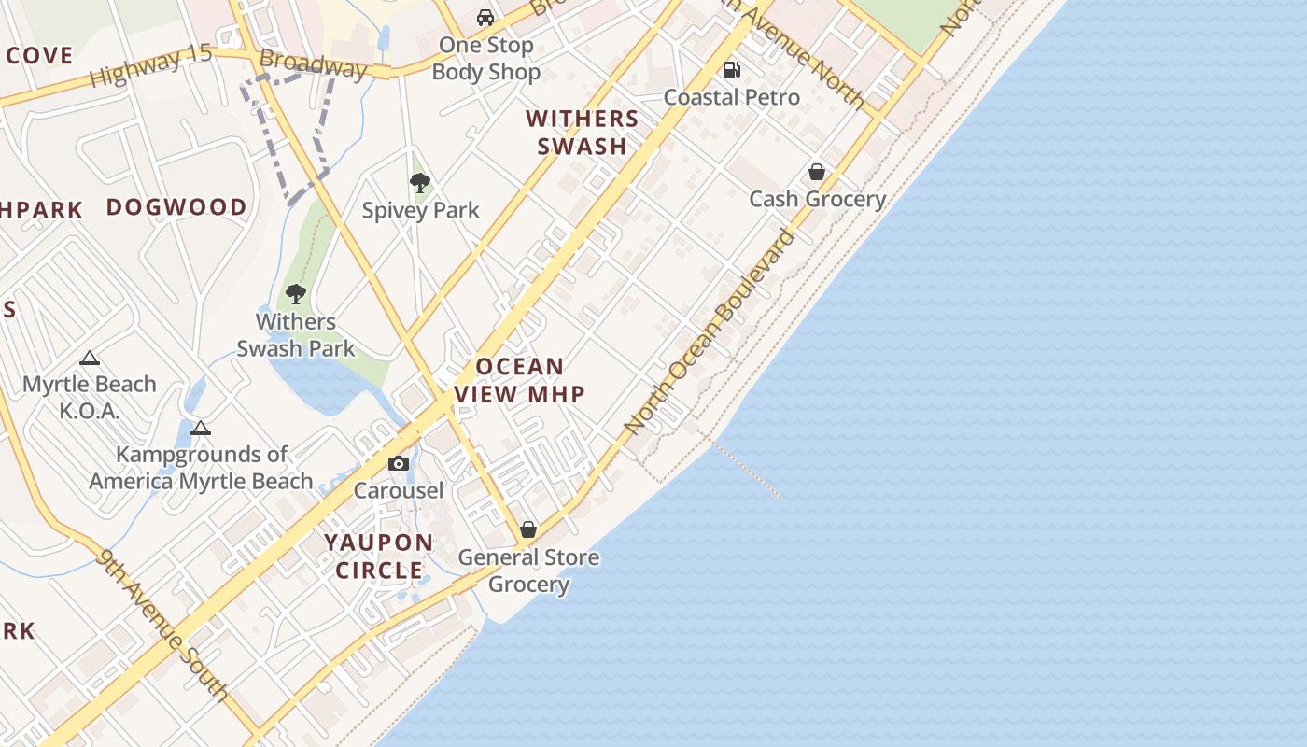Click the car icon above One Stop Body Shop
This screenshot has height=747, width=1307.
pyautogui.click(x=485, y=18)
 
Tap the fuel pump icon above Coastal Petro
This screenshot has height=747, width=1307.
pyautogui.click(x=732, y=70)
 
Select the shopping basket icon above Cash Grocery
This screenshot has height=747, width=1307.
pyautogui.click(x=817, y=172)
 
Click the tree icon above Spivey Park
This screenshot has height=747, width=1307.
pyautogui.click(x=420, y=183)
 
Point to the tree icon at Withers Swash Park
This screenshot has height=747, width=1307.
pyautogui.click(x=296, y=294)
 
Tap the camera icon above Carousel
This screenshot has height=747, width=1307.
pyautogui.click(x=399, y=463)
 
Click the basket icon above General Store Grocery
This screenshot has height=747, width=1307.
pyautogui.click(x=528, y=530)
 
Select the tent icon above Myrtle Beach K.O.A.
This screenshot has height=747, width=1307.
pyautogui.click(x=89, y=358)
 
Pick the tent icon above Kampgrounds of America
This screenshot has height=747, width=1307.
pyautogui.click(x=200, y=429)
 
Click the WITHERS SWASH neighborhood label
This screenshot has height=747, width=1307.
pyautogui.click(x=582, y=133)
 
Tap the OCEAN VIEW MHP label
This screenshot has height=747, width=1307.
pyautogui.click(x=520, y=380)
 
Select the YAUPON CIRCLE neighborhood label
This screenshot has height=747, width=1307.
pyautogui.click(x=379, y=556)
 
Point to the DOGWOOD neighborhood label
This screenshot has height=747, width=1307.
pyautogui.click(x=176, y=207)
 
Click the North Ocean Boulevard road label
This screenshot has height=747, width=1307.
pyautogui.click(x=711, y=331)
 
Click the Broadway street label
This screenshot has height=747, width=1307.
pyautogui.click(x=314, y=64)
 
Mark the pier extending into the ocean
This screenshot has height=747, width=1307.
pyautogui.click(x=747, y=470)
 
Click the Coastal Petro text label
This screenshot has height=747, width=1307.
pyautogui.click(x=732, y=97)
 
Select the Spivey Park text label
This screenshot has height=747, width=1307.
pyautogui.click(x=420, y=210)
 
